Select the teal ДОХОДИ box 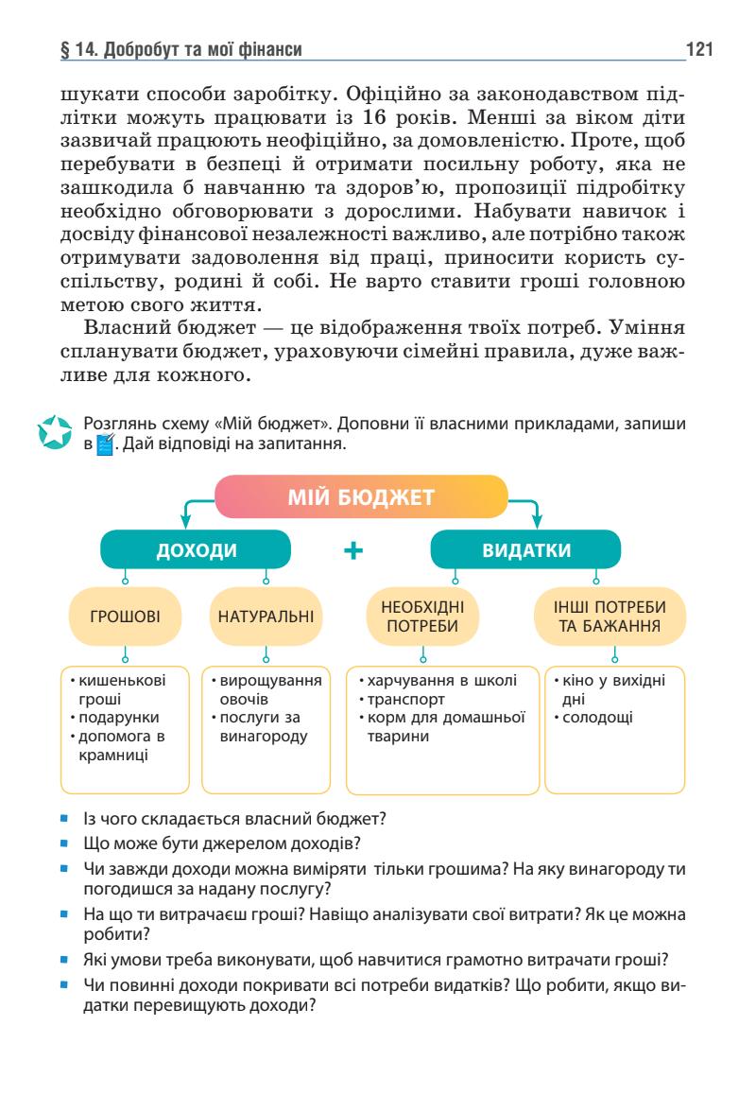coord(197,550)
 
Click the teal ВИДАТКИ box coord(526,550)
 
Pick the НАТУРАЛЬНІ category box coord(266,617)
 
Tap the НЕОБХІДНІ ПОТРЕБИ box coord(421,617)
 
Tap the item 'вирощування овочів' coord(266,690)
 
